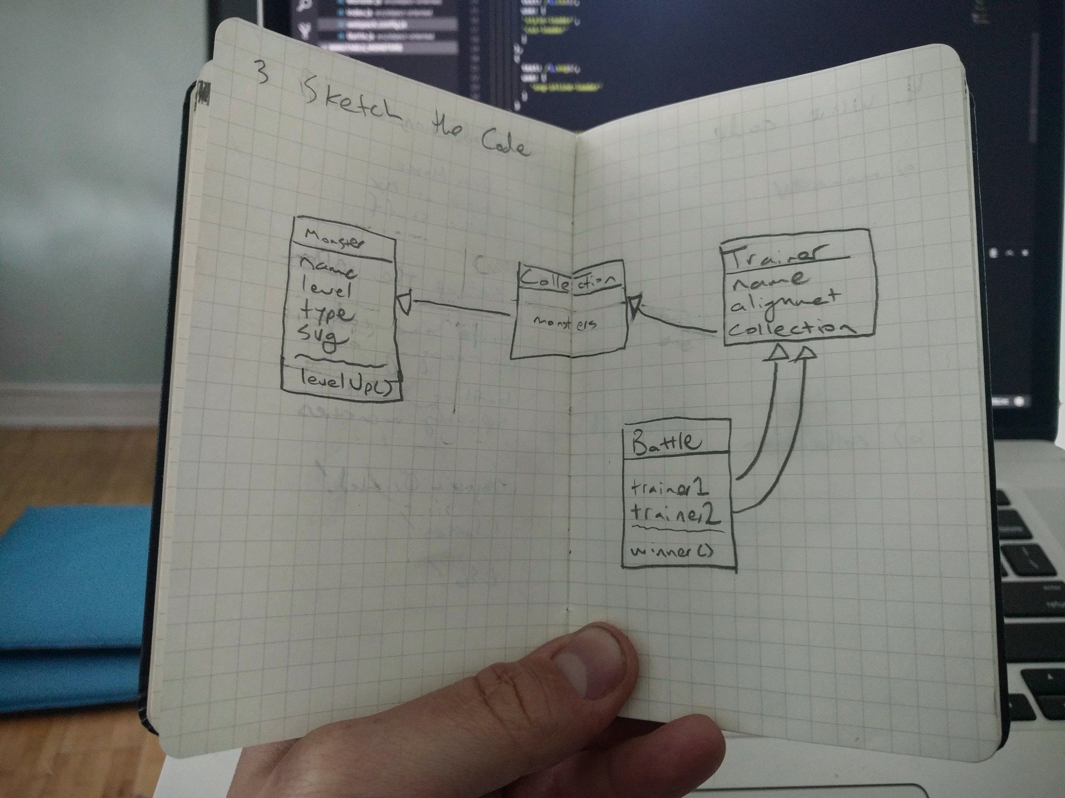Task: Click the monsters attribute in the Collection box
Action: pyautogui.click(x=565, y=323)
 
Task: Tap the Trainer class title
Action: pyautogui.click(x=775, y=254)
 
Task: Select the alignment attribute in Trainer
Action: pyautogui.click(x=785, y=302)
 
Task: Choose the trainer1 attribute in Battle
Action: pyautogui.click(x=670, y=488)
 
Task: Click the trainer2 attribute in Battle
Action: pyautogui.click(x=675, y=514)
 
